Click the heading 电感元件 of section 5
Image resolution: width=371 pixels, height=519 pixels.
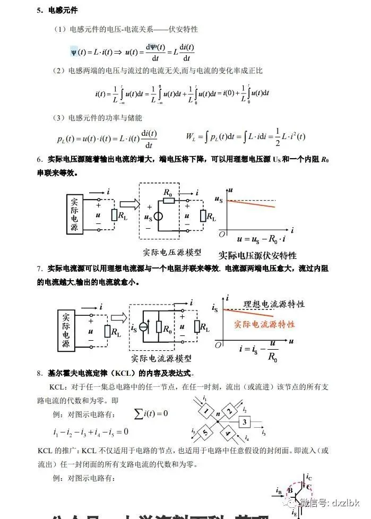click(x=63, y=11)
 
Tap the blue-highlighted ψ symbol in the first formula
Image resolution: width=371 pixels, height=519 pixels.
click(x=74, y=52)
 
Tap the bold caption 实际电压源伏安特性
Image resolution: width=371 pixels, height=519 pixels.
click(x=257, y=255)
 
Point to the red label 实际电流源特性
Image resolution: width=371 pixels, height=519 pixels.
click(x=264, y=324)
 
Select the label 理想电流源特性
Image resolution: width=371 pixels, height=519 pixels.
click(x=274, y=304)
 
